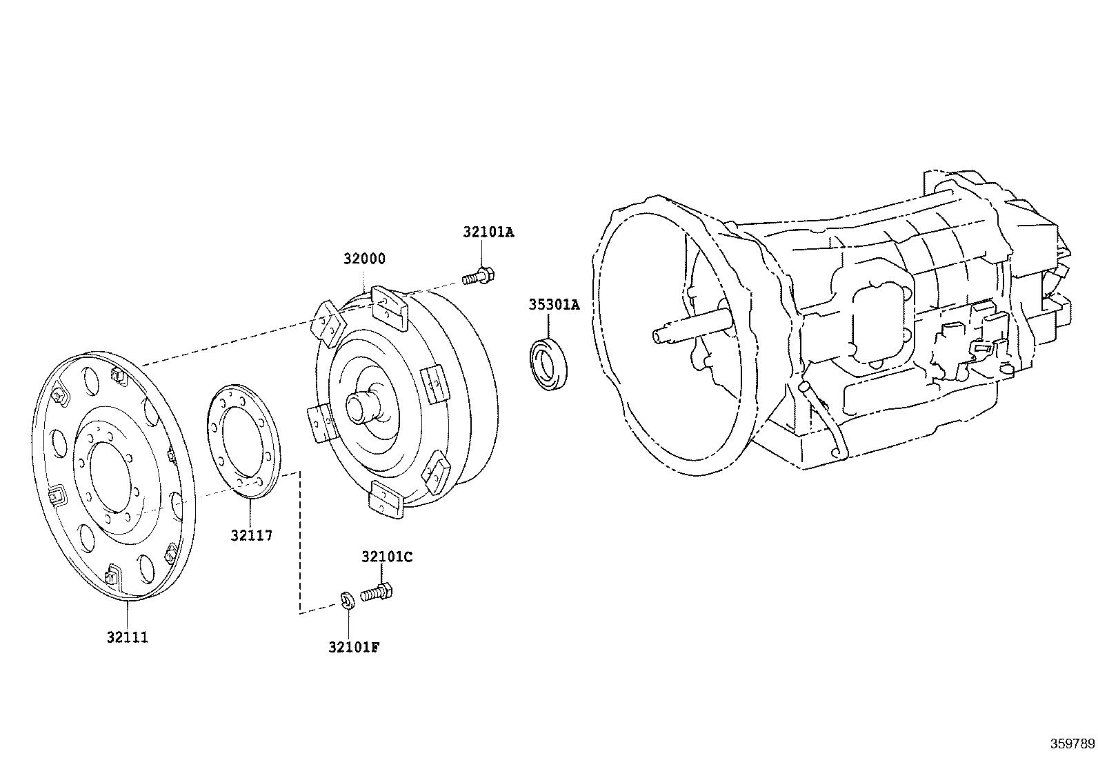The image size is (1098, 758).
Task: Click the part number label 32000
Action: coord(364,259)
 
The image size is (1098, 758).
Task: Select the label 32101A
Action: coord(488,232)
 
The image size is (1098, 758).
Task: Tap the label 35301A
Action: coord(555,304)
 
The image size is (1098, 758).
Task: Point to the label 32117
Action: coord(251,535)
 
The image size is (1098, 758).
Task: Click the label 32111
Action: coord(128,637)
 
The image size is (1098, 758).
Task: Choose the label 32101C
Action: coord(387,557)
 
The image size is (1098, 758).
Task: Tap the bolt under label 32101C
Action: coord(377,593)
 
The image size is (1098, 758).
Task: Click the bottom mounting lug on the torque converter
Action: coord(387,499)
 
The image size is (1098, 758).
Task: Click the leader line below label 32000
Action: coord(364,279)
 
